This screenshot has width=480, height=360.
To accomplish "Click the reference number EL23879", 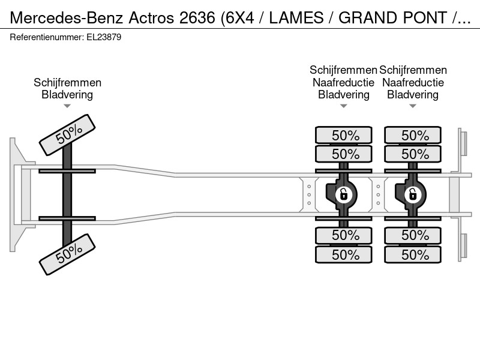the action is [x=104, y=37].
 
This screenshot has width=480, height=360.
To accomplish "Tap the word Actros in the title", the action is [x=152, y=18].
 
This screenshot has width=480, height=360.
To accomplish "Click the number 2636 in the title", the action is [x=197, y=18].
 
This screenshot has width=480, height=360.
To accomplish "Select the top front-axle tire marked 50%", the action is [x=67, y=135].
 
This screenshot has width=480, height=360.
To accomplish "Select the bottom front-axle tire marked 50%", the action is [x=67, y=254].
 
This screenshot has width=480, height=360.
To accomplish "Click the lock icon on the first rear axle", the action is [x=343, y=194].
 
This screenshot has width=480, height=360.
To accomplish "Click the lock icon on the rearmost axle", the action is [x=413, y=194].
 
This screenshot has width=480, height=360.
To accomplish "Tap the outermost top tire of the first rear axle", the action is [x=343, y=134].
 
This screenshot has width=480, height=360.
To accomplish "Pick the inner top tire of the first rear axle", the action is [x=343, y=154].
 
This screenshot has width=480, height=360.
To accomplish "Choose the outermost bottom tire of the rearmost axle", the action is [x=413, y=254].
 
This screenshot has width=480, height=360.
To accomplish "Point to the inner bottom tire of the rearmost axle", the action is [x=413, y=235].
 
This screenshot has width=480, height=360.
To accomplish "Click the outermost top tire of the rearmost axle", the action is [x=413, y=134].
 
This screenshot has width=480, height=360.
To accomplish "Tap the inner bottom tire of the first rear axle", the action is [x=343, y=235].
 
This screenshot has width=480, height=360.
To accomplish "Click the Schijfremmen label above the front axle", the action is [x=67, y=83].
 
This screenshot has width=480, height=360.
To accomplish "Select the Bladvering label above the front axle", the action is [x=67, y=95].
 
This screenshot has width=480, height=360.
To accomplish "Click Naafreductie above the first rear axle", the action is [x=343, y=83].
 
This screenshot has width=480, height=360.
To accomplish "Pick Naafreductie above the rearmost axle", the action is [x=413, y=83].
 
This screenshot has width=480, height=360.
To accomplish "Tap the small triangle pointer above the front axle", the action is [x=67, y=106].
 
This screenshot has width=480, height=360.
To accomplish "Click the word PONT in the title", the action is [x=425, y=18].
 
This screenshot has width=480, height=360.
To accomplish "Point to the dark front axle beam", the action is [x=67, y=194].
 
